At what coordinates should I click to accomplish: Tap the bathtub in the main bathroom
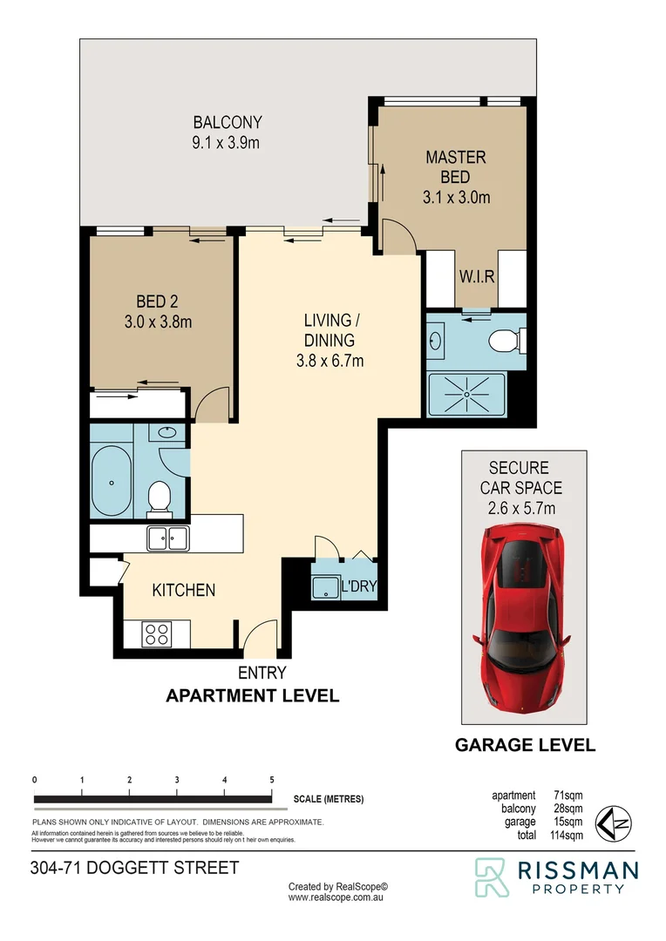pyautogui.click(x=111, y=482)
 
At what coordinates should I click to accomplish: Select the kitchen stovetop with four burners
pyautogui.click(x=158, y=633)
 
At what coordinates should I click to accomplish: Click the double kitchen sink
pyautogui.click(x=166, y=538)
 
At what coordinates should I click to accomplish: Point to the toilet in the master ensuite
pyautogui.click(x=504, y=339)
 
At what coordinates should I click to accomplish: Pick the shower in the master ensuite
pyautogui.click(x=468, y=393)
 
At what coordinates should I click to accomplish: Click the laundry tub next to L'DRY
pyautogui.click(x=324, y=587)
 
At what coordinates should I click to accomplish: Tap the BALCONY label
pyautogui.click(x=227, y=123)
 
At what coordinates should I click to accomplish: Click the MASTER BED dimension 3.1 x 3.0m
pyautogui.click(x=456, y=197)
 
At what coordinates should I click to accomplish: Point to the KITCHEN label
pyautogui.click(x=184, y=590)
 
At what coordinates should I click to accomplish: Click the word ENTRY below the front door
pyautogui.click(x=262, y=673)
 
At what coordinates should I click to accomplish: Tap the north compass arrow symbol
pyautogui.click(x=612, y=822)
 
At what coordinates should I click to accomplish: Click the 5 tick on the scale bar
pyautogui.click(x=272, y=780)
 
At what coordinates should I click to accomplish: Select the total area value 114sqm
pyautogui.click(x=566, y=836)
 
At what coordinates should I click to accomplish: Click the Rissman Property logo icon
pyautogui.click(x=491, y=877)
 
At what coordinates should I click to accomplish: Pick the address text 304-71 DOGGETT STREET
pyautogui.click(x=133, y=868)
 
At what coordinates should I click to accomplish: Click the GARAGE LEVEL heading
pyautogui.click(x=526, y=745)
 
